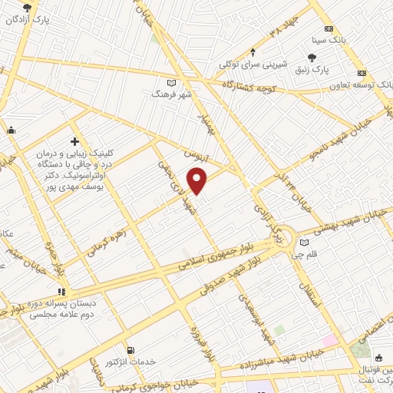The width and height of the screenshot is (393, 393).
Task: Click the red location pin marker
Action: [198, 181]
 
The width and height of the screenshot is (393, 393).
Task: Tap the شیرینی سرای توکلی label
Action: [254, 64]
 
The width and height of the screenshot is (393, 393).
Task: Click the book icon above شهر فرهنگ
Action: [171, 83]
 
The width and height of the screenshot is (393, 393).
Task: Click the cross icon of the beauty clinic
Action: [74, 141]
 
